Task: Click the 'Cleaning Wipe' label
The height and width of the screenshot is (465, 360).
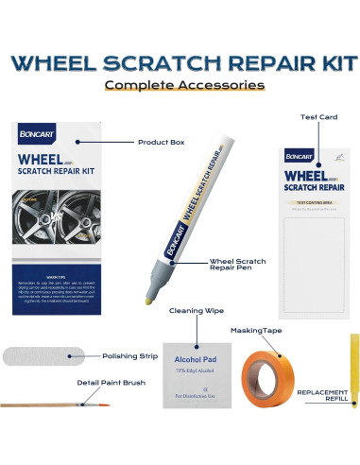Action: tap(197, 309)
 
